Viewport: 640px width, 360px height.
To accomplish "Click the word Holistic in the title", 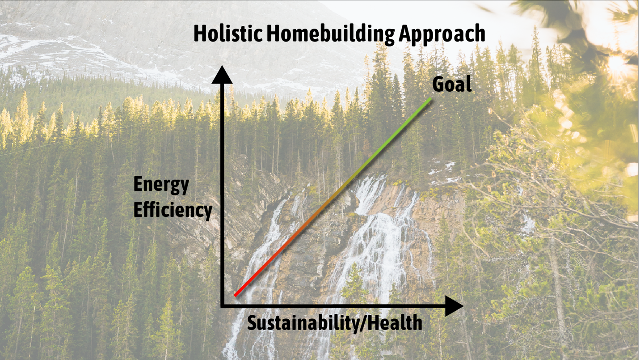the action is click(228, 34).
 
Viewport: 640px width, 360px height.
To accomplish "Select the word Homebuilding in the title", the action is click(331, 35).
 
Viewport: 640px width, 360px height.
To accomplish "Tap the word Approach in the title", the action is click(442, 35).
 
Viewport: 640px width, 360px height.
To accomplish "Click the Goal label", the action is click(452, 84).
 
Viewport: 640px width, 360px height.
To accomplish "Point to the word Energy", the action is click(161, 185).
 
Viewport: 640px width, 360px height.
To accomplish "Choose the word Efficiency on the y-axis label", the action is click(173, 211).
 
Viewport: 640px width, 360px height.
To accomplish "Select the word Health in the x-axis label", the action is click(395, 322).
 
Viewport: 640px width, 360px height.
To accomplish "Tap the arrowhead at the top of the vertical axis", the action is click(222, 75).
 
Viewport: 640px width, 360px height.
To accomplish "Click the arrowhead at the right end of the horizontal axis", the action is click(454, 306).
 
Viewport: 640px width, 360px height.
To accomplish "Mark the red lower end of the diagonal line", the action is click(235, 295).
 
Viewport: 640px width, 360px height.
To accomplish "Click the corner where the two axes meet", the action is click(222, 306).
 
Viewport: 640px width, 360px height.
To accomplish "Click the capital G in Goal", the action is click(438, 85).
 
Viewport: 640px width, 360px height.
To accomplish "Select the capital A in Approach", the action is click(405, 34).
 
